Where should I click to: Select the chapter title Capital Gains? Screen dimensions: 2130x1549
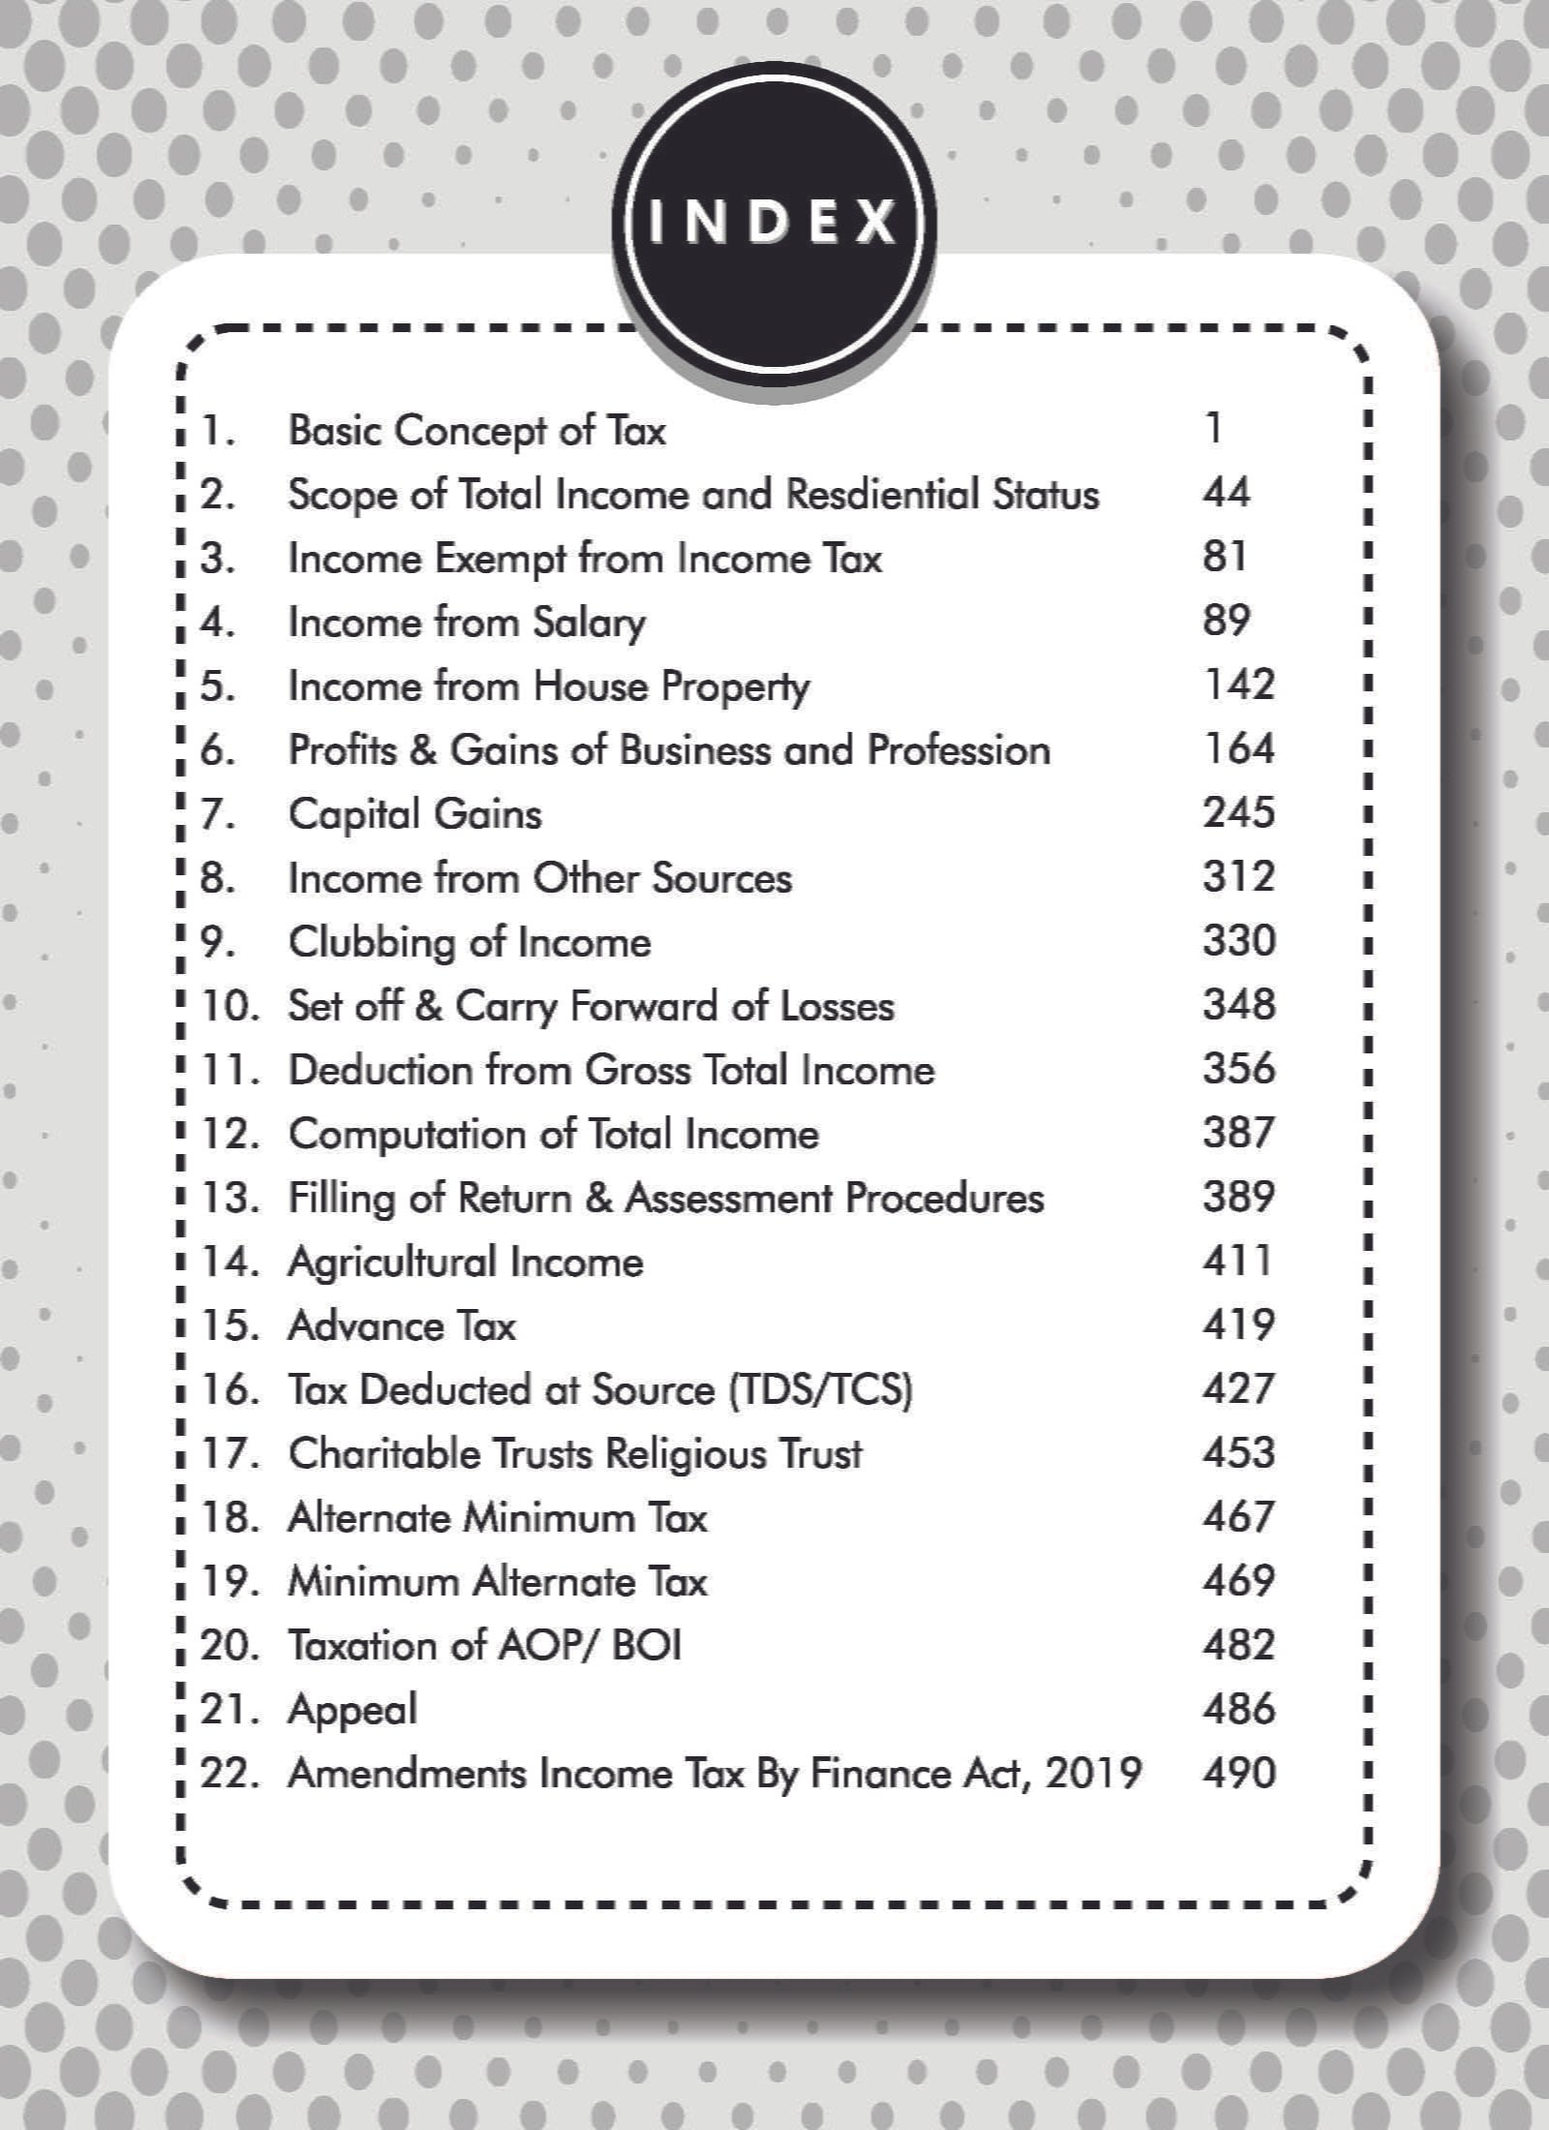coord(414,814)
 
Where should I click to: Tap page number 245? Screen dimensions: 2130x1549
coord(1238,812)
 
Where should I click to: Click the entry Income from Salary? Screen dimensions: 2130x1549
coord(467,623)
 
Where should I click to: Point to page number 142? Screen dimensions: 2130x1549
coord(1238,685)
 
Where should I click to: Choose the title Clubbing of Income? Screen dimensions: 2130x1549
coord(470,942)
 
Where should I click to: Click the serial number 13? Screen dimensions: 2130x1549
coord(229,1198)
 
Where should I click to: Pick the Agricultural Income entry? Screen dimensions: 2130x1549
coord(466,1263)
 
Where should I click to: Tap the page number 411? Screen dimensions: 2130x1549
coord(1236,1261)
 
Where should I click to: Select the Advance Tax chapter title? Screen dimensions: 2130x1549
coord(402,1325)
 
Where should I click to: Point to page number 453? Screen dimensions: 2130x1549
coord(1238,1452)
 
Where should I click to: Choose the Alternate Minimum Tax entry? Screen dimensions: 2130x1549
coord(498,1517)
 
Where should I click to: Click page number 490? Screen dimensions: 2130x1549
coord(1238,1773)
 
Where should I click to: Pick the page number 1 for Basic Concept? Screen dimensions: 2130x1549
coord(1214,428)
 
